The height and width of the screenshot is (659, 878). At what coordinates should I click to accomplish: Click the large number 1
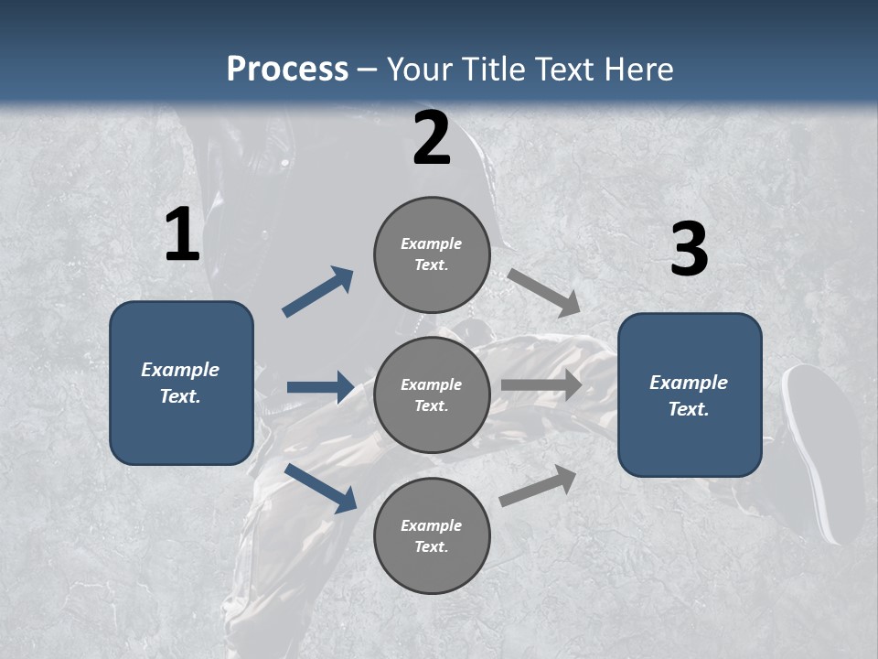[182, 235]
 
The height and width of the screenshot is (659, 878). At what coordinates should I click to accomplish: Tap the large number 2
[432, 139]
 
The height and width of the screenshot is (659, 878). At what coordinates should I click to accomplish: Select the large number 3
[689, 250]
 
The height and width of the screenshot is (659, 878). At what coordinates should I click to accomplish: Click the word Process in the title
[287, 69]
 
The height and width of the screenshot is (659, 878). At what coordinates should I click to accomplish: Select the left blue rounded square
[181, 383]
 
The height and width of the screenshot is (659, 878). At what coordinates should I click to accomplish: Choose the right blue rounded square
[690, 395]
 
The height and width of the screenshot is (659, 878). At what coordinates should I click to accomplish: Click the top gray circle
[432, 254]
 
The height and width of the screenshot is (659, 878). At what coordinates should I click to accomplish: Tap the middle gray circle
[432, 394]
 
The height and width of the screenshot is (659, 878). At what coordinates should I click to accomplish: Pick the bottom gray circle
[432, 535]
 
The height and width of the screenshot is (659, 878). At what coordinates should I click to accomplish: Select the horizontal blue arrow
[320, 387]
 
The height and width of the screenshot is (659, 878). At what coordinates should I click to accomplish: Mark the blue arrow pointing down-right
[321, 488]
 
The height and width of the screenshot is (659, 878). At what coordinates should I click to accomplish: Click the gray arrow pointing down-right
[544, 293]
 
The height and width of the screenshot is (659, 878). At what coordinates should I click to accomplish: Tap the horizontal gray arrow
[541, 385]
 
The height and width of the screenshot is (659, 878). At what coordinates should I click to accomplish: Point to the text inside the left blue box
[180, 383]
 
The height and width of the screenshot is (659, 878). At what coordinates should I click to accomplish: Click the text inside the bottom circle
[431, 536]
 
